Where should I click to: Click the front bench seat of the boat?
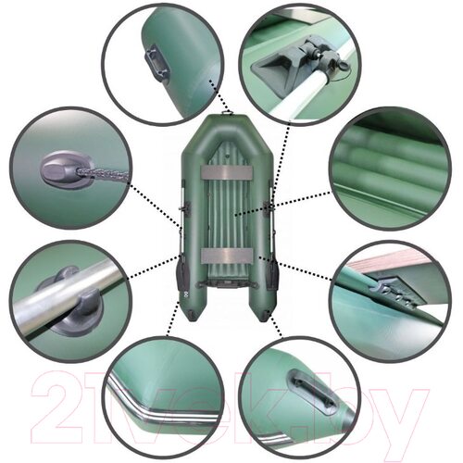pyautogui.click(x=226, y=172)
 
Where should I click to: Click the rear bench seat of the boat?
pyautogui.click(x=226, y=256)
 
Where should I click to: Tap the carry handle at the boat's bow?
pyautogui.click(x=228, y=113)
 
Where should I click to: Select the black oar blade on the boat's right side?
pyautogui.click(x=272, y=274)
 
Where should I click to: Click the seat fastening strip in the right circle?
pyautogui.click(x=392, y=294)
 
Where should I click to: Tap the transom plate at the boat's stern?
pyautogui.click(x=226, y=284)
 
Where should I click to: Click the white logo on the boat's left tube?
pyautogui.click(x=181, y=298)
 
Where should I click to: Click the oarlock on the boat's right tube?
pyautogui.click(x=269, y=206)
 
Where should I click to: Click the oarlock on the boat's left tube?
pyautogui.click(x=185, y=207)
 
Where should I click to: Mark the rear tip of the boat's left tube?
pyautogui.click(x=192, y=321)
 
